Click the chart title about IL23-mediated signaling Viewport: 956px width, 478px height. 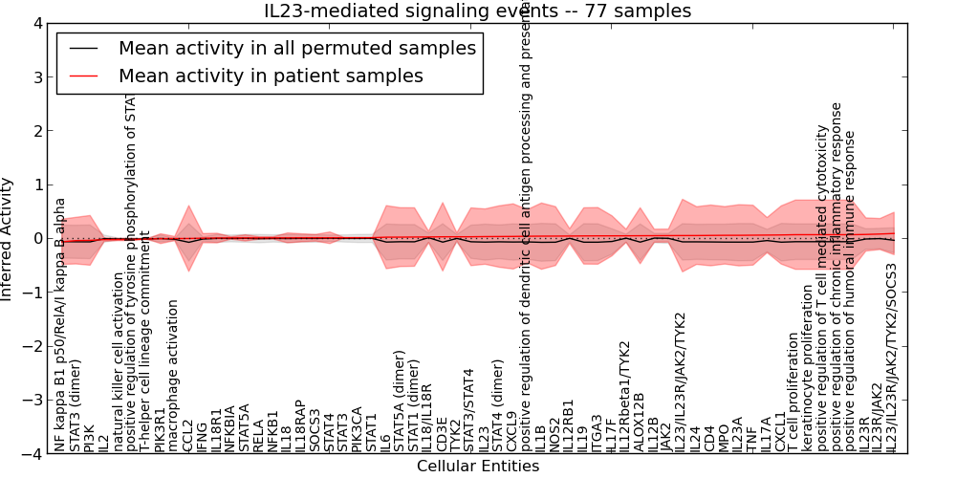(477, 11)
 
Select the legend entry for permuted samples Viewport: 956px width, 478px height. (296, 48)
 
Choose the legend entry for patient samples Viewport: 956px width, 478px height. (271, 75)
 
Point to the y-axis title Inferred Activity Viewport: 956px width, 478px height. (8, 238)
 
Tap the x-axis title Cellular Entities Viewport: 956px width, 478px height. (477, 467)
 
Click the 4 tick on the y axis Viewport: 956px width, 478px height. (36, 23)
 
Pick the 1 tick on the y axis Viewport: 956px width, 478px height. (36, 185)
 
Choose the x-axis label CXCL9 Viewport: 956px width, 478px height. (512, 431)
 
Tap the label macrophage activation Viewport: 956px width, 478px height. (173, 376)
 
